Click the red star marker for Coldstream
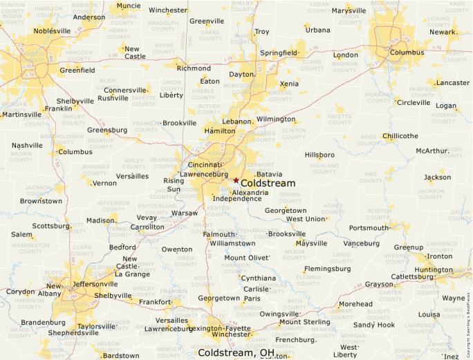[x=236, y=180]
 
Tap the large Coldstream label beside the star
[x=268, y=183]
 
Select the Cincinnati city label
[x=205, y=165]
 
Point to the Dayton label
[x=241, y=74]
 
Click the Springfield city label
[x=278, y=53]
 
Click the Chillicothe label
[x=400, y=136]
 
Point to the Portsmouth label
[x=369, y=228]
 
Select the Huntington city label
[x=434, y=270]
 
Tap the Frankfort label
[x=154, y=302]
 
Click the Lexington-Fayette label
[x=220, y=328]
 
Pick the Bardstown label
[x=120, y=355]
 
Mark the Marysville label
[x=349, y=11]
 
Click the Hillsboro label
[x=319, y=155]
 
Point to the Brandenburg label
[x=43, y=322]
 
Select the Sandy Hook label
[x=374, y=325]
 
